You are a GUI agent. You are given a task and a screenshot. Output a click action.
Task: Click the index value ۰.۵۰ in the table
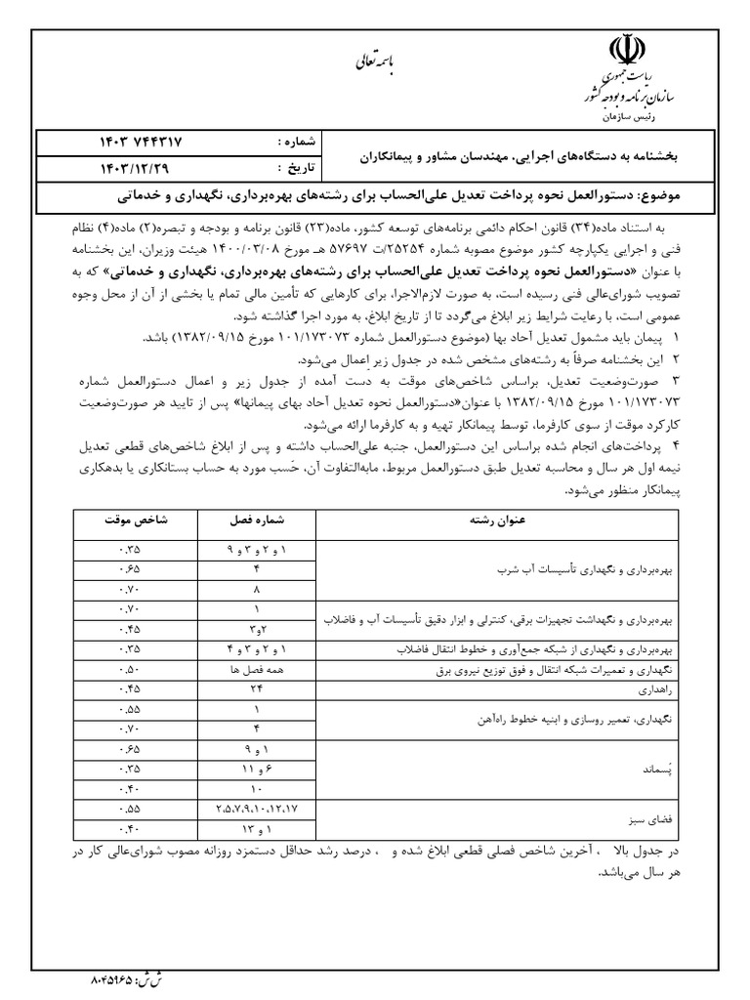coord(127,669)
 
